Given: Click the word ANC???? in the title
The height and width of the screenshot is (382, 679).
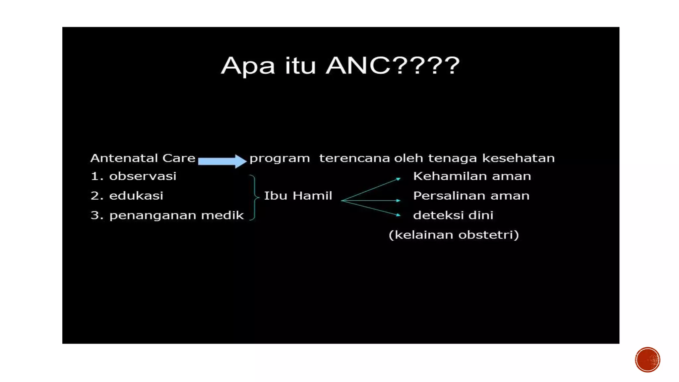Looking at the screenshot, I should (393, 65).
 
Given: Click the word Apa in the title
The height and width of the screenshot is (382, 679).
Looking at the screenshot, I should (248, 66).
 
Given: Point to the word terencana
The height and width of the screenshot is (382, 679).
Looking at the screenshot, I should (354, 158).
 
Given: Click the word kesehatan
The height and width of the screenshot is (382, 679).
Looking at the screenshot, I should (518, 158).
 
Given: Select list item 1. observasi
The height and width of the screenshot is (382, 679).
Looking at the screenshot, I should (133, 176).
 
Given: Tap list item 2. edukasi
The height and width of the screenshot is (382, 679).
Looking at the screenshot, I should (127, 196).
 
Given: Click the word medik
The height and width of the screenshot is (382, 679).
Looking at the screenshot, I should (222, 215).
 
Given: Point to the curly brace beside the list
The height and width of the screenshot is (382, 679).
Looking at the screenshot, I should (254, 197).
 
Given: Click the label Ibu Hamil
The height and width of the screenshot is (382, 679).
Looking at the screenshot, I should (298, 196).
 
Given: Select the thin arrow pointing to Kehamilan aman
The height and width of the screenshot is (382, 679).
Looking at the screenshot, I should (371, 189).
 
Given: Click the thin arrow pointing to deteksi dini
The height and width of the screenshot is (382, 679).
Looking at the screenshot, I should (371, 208).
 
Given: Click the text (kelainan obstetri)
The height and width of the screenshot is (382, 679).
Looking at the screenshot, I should (454, 235).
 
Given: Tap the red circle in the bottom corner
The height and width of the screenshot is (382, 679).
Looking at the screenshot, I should (647, 360).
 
